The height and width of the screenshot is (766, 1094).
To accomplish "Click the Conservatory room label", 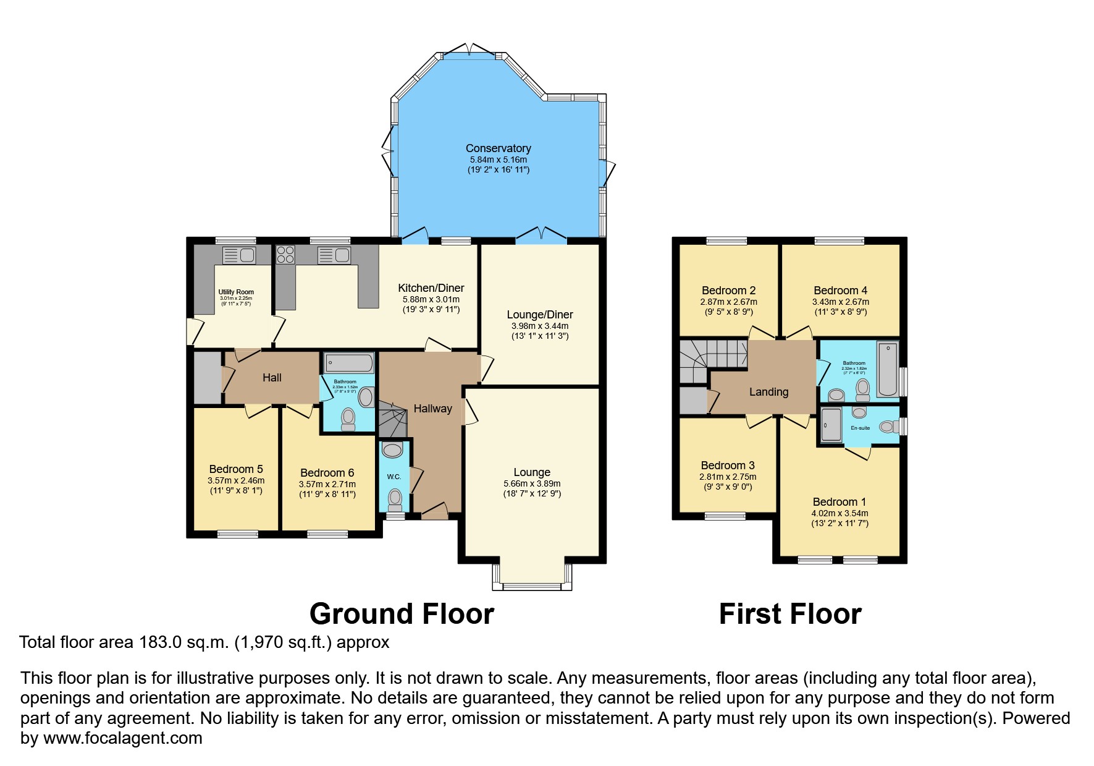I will point(498,148).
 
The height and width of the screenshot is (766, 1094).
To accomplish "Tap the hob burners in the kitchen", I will point(285,255).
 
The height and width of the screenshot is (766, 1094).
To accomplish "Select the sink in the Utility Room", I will point(238,255).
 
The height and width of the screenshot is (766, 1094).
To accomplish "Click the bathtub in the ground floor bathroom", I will point(349,363).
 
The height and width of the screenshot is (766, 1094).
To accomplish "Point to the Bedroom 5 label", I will point(236,469).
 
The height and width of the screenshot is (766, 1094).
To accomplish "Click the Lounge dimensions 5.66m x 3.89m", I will point(532,484).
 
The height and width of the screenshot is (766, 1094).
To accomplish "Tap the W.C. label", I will point(394,477).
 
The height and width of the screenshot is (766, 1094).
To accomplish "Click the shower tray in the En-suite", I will point(831,425).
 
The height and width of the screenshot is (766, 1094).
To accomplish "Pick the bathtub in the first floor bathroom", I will point(888,369).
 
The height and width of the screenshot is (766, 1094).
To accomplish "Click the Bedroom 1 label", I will point(839,502).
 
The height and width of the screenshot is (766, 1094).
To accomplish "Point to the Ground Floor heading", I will point(402,614).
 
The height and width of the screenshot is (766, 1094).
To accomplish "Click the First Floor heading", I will point(790,614).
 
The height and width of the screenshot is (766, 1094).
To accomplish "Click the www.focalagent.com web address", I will point(122,738).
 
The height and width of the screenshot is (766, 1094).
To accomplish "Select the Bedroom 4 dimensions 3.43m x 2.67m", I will point(840,302).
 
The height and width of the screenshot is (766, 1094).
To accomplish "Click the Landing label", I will point(768,392).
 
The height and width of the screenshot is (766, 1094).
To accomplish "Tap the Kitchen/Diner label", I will point(431,288).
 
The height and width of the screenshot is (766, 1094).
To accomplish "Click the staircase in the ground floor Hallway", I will point(392,419).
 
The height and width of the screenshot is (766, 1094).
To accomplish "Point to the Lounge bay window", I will point(532,578).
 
